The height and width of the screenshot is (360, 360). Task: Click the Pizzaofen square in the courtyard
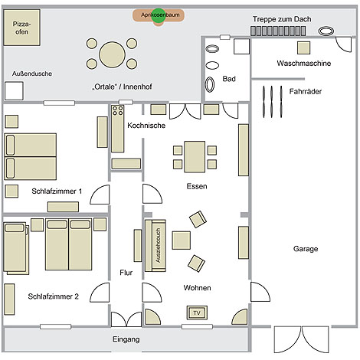click(21, 28)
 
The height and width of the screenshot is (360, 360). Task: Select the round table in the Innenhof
click(112, 54)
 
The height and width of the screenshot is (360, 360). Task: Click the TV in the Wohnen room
click(197, 313)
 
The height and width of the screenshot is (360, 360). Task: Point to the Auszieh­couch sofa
click(155, 245)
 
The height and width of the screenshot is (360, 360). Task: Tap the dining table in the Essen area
click(195, 157)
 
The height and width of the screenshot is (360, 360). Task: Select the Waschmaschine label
click(304, 63)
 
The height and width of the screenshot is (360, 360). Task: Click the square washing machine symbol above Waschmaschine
click(303, 47)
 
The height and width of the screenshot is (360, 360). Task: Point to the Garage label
click(306, 249)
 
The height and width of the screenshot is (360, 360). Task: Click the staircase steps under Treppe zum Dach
click(278, 31)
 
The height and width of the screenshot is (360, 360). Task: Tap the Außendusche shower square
click(14, 91)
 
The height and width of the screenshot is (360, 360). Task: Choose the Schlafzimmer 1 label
click(57, 191)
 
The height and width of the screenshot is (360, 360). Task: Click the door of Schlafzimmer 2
click(100, 292)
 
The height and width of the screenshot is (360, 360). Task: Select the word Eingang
click(126, 339)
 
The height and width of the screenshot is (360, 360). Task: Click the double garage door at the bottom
click(302, 339)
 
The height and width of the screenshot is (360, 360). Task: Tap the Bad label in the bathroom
click(229, 79)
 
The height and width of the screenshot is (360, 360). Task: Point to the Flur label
click(126, 273)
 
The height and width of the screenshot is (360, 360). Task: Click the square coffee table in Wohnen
click(181, 241)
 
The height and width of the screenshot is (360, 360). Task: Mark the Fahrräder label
click(306, 91)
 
